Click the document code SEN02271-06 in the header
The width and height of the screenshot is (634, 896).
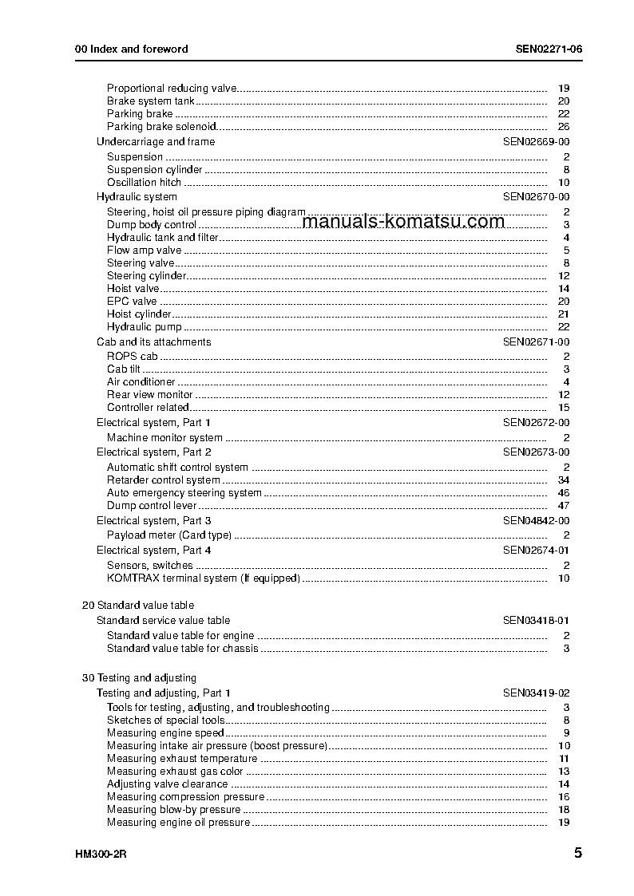[548, 49]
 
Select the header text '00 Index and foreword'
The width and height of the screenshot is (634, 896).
[131, 49]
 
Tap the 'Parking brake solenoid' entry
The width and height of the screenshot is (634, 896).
[161, 126]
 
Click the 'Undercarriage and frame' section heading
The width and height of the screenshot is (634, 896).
[155, 141]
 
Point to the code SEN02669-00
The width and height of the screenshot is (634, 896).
[536, 141]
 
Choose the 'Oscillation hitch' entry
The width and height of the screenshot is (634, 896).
[145, 182]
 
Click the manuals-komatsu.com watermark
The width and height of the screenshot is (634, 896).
[404, 221]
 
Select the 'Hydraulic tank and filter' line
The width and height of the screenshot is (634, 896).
[162, 237]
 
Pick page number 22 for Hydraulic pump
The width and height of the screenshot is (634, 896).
[563, 326]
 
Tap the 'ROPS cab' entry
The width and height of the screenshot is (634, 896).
[133, 356]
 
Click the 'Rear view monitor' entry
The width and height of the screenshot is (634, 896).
[149, 394]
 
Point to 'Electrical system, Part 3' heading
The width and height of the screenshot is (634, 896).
[154, 520]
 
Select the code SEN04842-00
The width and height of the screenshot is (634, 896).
[536, 520]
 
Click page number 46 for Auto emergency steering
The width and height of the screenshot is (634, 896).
[563, 492]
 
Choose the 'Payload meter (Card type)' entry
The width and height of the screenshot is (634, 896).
[169, 535]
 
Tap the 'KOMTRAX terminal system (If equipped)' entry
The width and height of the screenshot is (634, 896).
[203, 578]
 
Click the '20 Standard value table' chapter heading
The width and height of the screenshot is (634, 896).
[138, 605]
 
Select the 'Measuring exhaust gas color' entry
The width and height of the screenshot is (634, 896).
[175, 771]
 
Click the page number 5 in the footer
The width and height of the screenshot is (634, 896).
[577, 852]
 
